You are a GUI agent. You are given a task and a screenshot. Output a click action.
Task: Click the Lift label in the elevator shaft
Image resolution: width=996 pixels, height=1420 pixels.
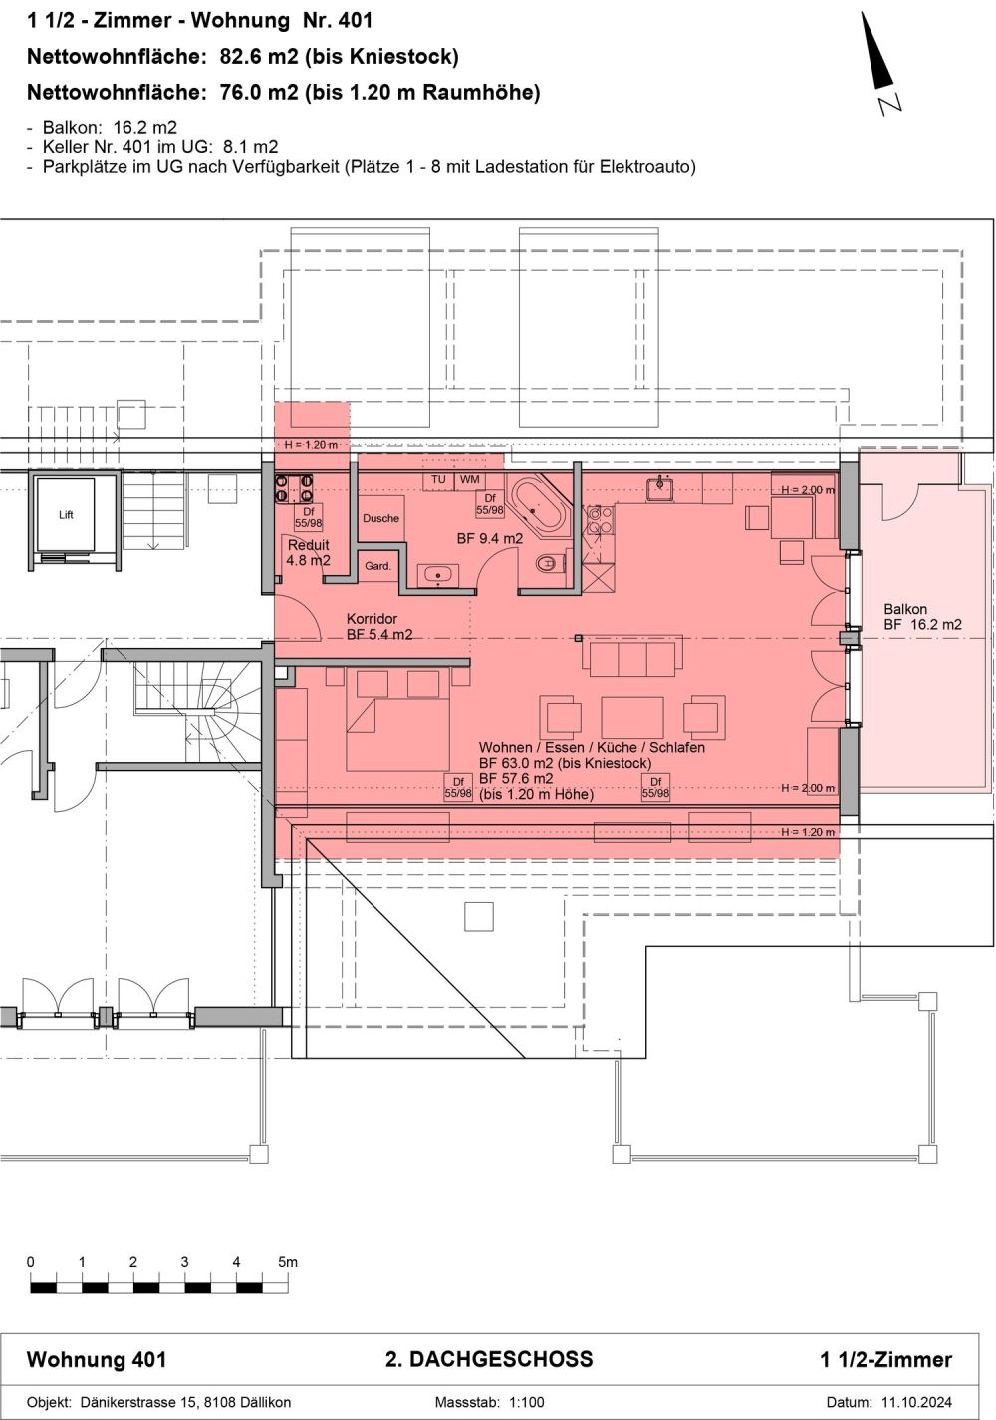tap(66, 515)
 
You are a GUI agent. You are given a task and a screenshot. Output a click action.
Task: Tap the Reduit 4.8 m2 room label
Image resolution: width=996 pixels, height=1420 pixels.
tap(308, 553)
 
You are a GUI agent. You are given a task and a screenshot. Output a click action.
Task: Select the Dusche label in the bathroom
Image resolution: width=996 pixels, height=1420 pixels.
tap(380, 518)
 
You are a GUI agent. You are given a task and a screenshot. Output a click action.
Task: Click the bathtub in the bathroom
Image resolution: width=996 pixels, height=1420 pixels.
tap(537, 507)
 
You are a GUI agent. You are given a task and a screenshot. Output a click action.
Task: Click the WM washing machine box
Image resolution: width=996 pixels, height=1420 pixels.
tap(469, 480)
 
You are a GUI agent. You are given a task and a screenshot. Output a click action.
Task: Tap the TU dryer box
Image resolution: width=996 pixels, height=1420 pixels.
tap(438, 480)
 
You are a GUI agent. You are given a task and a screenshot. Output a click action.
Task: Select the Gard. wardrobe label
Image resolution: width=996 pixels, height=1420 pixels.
tap(377, 566)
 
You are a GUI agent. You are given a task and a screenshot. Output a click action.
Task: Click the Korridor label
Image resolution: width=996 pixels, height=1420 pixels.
tap(372, 619)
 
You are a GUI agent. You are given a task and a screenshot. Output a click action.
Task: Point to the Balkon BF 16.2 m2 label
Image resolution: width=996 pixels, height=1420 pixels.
tap(922, 617)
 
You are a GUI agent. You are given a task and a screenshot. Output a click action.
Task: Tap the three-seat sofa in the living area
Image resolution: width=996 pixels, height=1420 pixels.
tap(632, 658)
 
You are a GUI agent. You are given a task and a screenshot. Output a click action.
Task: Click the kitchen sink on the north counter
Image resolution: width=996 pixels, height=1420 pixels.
tap(659, 488)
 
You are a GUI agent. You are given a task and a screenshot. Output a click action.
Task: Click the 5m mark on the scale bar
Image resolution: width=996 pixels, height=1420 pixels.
tap(287, 1262)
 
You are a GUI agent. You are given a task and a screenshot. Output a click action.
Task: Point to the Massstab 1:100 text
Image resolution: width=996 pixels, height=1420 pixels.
tap(489, 1402)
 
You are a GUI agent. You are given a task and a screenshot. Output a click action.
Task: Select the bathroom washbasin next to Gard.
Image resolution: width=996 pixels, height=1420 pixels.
tap(438, 575)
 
